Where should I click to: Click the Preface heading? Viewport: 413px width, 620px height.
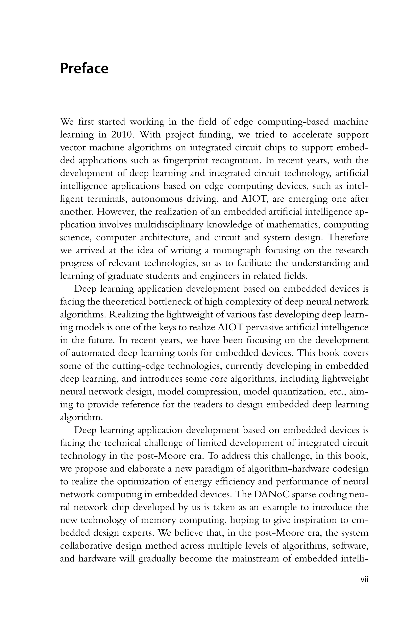(x=84, y=69)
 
